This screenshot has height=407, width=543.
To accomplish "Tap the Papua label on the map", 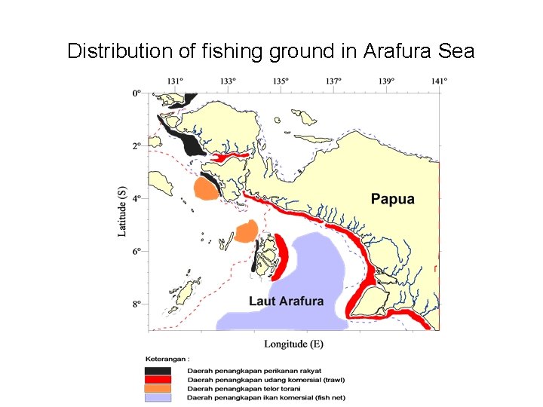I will pyautogui.click(x=392, y=199).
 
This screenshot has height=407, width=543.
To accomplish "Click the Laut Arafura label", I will pyautogui.click(x=286, y=301).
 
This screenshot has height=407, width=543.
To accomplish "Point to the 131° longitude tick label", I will pyautogui.click(x=175, y=81).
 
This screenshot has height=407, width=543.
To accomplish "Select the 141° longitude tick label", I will pyautogui.click(x=440, y=81).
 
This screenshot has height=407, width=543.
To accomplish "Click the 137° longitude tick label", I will pyautogui.click(x=334, y=81).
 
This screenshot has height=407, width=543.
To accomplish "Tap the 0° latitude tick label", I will pyautogui.click(x=136, y=93).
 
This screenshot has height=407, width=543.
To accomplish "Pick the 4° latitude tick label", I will pyautogui.click(x=136, y=198).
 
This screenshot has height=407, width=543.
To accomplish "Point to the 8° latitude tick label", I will pyautogui.click(x=136, y=304).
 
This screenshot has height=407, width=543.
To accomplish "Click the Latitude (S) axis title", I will pyautogui.click(x=121, y=212).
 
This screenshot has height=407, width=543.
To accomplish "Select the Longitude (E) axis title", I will pyautogui.click(x=293, y=344).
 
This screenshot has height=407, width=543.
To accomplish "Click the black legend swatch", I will pyautogui.click(x=158, y=371).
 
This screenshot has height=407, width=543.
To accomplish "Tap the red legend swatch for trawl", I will pyautogui.click(x=158, y=379).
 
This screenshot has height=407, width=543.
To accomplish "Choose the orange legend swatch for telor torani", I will pyautogui.click(x=158, y=388).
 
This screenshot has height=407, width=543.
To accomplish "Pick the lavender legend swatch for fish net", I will pyautogui.click(x=158, y=397).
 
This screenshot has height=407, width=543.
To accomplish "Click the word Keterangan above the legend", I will pyautogui.click(x=167, y=360).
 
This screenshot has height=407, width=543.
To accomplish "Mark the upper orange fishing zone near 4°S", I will pyautogui.click(x=205, y=188).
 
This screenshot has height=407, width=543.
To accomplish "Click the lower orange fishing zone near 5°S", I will pyautogui.click(x=246, y=231).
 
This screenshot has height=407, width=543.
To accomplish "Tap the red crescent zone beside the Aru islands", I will pyautogui.click(x=281, y=256).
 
